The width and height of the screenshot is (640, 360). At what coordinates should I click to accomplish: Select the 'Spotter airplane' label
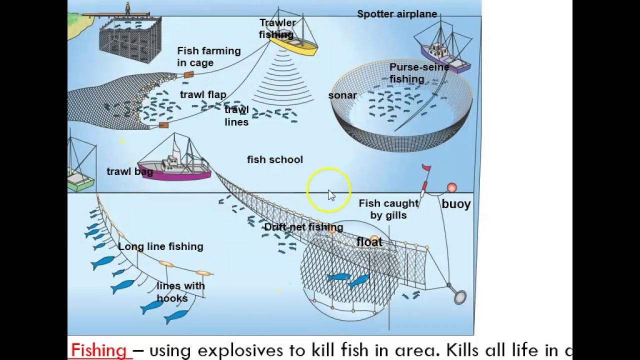397,14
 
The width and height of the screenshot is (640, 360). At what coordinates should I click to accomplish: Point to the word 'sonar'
342,95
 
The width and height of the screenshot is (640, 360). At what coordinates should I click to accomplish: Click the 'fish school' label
275,159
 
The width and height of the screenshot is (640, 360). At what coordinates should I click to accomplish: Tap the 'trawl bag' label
129,171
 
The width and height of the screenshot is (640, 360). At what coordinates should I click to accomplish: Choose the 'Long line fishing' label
160,246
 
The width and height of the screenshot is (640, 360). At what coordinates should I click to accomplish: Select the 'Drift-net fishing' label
303,227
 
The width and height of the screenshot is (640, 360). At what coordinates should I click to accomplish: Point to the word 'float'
369,242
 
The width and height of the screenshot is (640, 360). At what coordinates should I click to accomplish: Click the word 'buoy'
456,204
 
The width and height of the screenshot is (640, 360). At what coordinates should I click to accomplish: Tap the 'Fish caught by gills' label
388,209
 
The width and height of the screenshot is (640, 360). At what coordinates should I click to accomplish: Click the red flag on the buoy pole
426,168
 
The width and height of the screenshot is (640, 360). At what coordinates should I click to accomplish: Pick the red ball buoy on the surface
452,187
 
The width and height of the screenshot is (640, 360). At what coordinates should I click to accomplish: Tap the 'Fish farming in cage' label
208,56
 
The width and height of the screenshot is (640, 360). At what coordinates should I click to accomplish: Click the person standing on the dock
127,8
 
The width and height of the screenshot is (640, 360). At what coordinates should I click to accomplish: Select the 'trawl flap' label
203,94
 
